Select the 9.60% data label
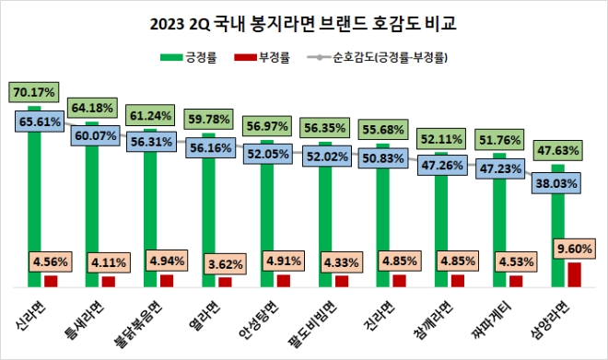coord(562,249)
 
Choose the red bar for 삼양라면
coord(574,274)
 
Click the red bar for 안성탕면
coord(284,280)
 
